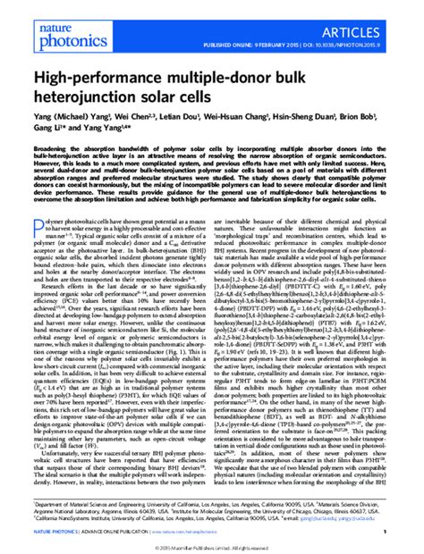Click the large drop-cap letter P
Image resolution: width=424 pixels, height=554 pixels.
38,235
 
